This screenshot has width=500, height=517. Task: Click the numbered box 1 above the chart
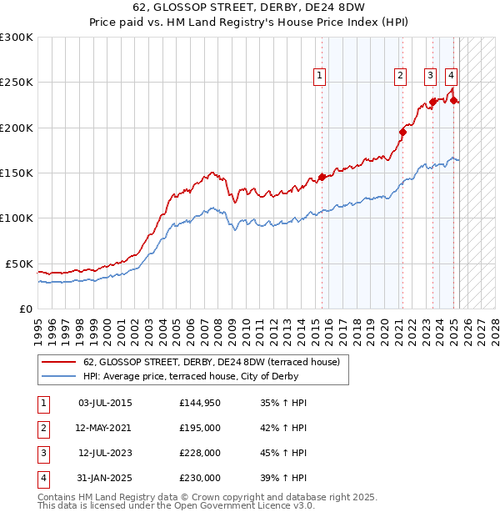click(x=321, y=76)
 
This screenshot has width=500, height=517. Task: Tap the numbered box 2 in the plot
click(x=401, y=76)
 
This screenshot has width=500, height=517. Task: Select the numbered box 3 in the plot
click(x=430, y=76)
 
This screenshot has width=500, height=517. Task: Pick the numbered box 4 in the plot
click(x=451, y=76)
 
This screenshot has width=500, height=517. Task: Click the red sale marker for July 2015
click(x=322, y=177)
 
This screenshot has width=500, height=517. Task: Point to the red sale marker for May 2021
click(x=402, y=131)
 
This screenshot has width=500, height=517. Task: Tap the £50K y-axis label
click(x=18, y=264)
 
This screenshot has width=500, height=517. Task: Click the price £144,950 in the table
click(x=199, y=403)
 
